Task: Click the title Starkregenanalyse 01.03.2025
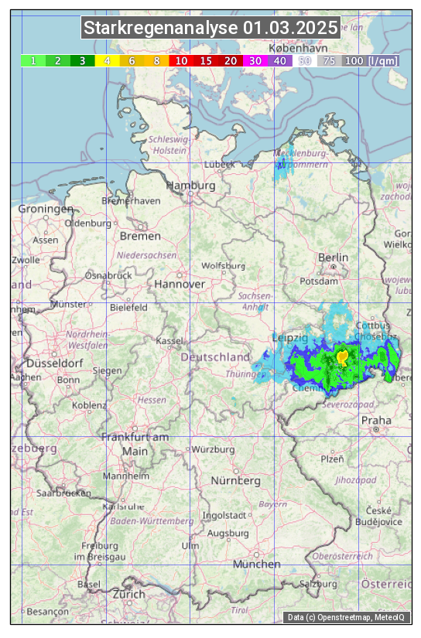coord(210,29)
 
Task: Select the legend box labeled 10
coord(181,60)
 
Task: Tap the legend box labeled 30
coord(255,60)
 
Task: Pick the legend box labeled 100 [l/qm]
coord(371,60)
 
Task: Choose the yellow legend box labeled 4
coord(108,60)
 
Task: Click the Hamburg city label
coord(191,186)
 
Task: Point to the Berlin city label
coord(334,257)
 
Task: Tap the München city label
coord(256,565)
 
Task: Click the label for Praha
coord(376,421)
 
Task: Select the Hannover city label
coord(180,284)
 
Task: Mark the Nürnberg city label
coord(236,480)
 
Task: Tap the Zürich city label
coord(128,594)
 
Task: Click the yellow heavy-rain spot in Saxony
coord(342,357)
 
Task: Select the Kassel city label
coord(169,340)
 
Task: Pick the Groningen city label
coord(46,209)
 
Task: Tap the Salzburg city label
coord(318,584)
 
